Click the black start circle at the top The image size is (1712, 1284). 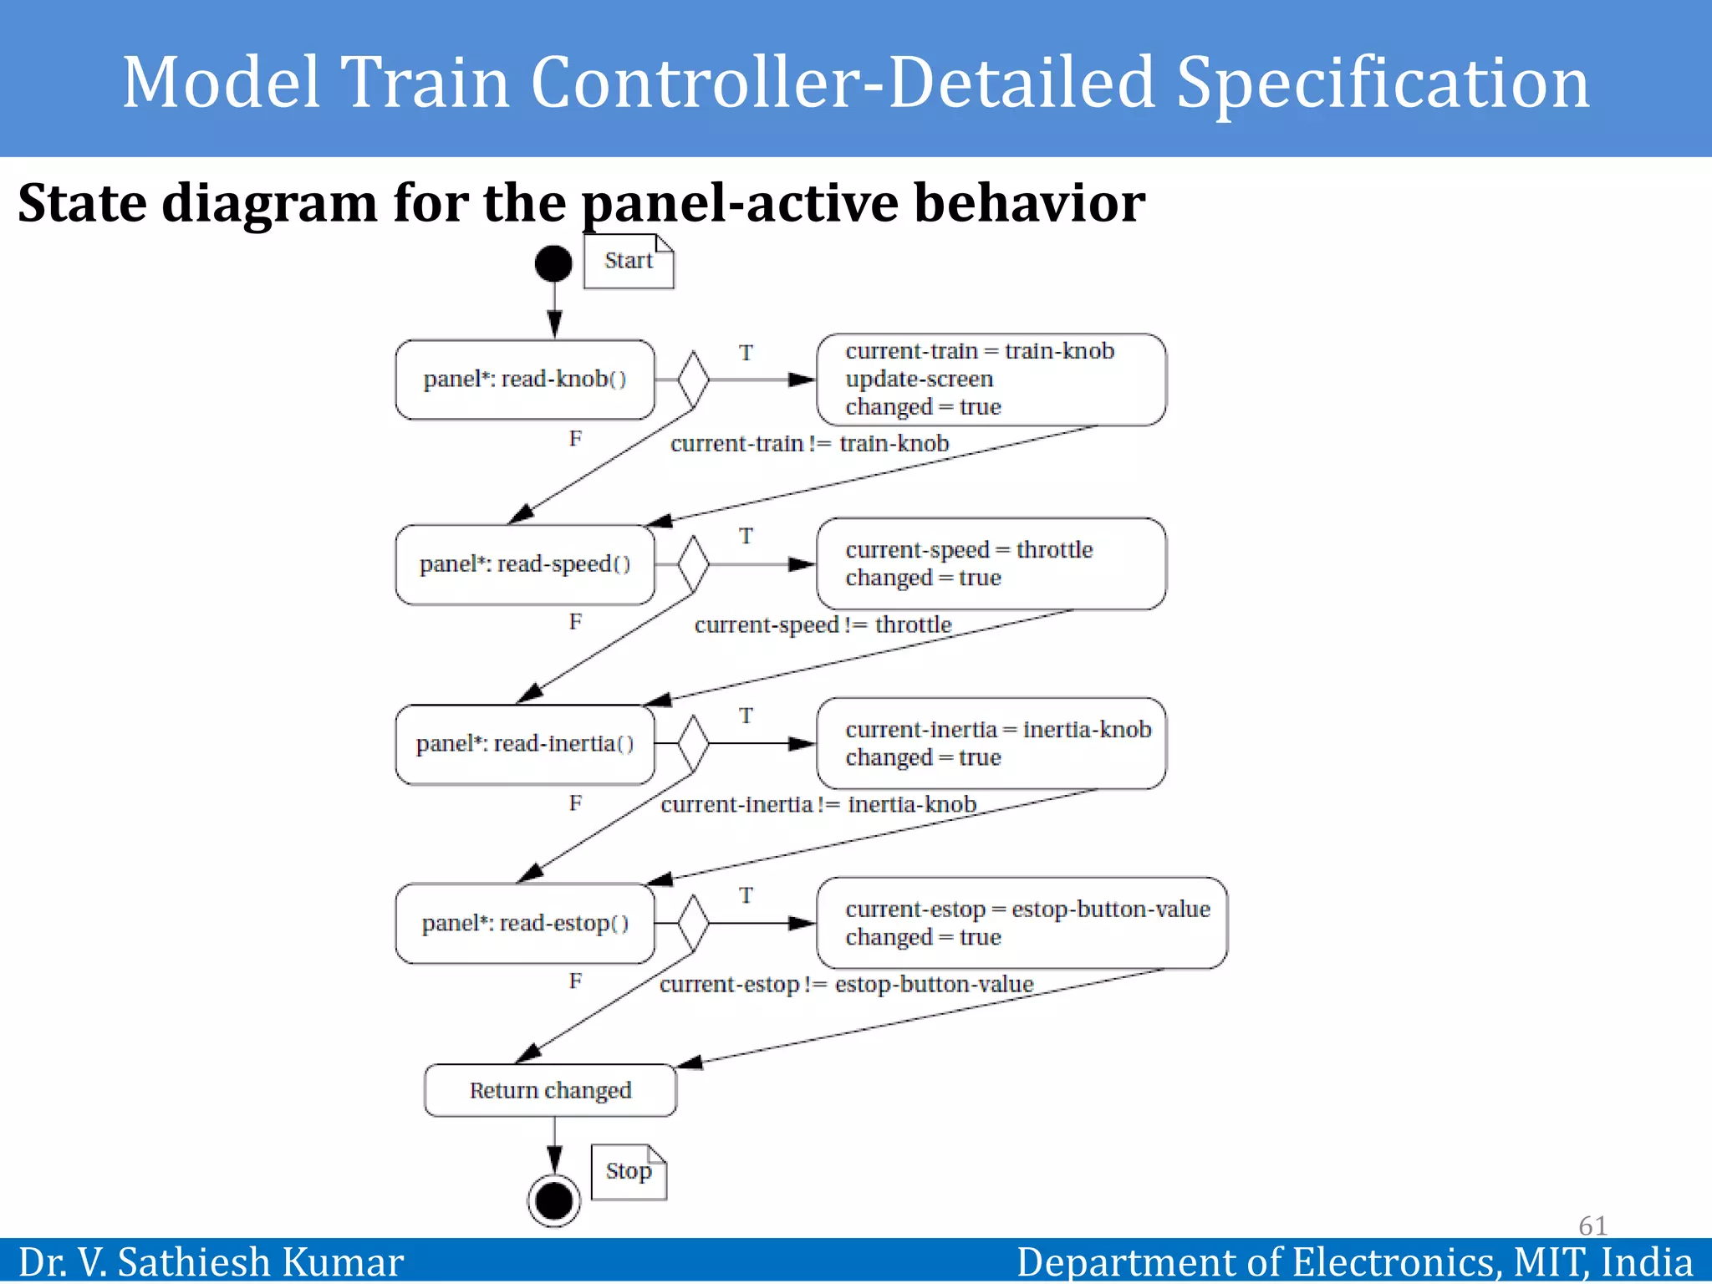click(553, 264)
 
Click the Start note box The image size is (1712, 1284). click(629, 262)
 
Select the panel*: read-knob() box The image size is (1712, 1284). click(525, 380)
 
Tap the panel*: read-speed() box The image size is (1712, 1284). click(525, 564)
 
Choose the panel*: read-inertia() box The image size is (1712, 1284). click(525, 744)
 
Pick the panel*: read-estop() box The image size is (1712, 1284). click(525, 924)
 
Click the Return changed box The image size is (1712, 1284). click(550, 1090)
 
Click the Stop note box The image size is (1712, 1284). click(629, 1171)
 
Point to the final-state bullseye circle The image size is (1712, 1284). click(553, 1201)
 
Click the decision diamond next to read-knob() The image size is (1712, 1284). click(693, 380)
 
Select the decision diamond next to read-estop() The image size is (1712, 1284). click(693, 923)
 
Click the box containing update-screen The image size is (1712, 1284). click(991, 380)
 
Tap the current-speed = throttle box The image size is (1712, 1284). click(991, 563)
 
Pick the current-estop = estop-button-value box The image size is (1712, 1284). click(1022, 923)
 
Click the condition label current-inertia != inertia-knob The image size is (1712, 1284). click(818, 804)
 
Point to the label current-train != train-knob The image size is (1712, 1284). click(809, 443)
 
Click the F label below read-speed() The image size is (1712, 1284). click(575, 622)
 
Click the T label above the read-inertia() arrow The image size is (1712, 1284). click(746, 716)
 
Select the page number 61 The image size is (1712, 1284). click(1592, 1225)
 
